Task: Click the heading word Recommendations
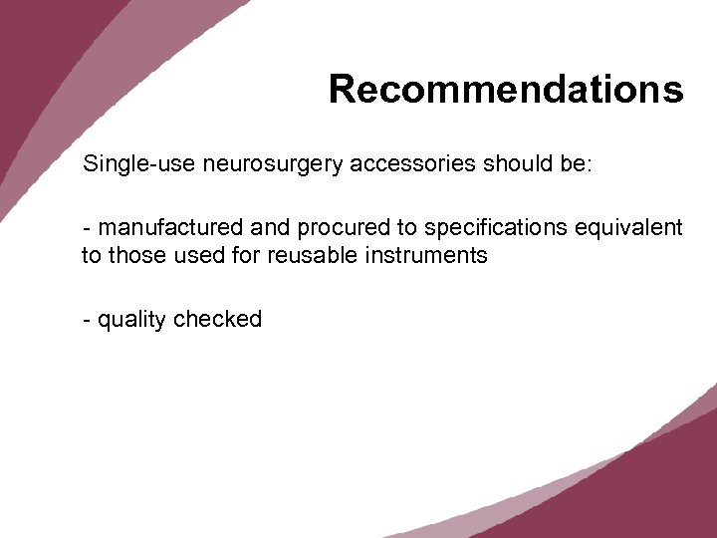506,89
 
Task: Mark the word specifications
481,229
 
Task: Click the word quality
132,320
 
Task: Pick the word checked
218,319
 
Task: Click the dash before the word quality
88,320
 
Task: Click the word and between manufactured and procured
257,228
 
